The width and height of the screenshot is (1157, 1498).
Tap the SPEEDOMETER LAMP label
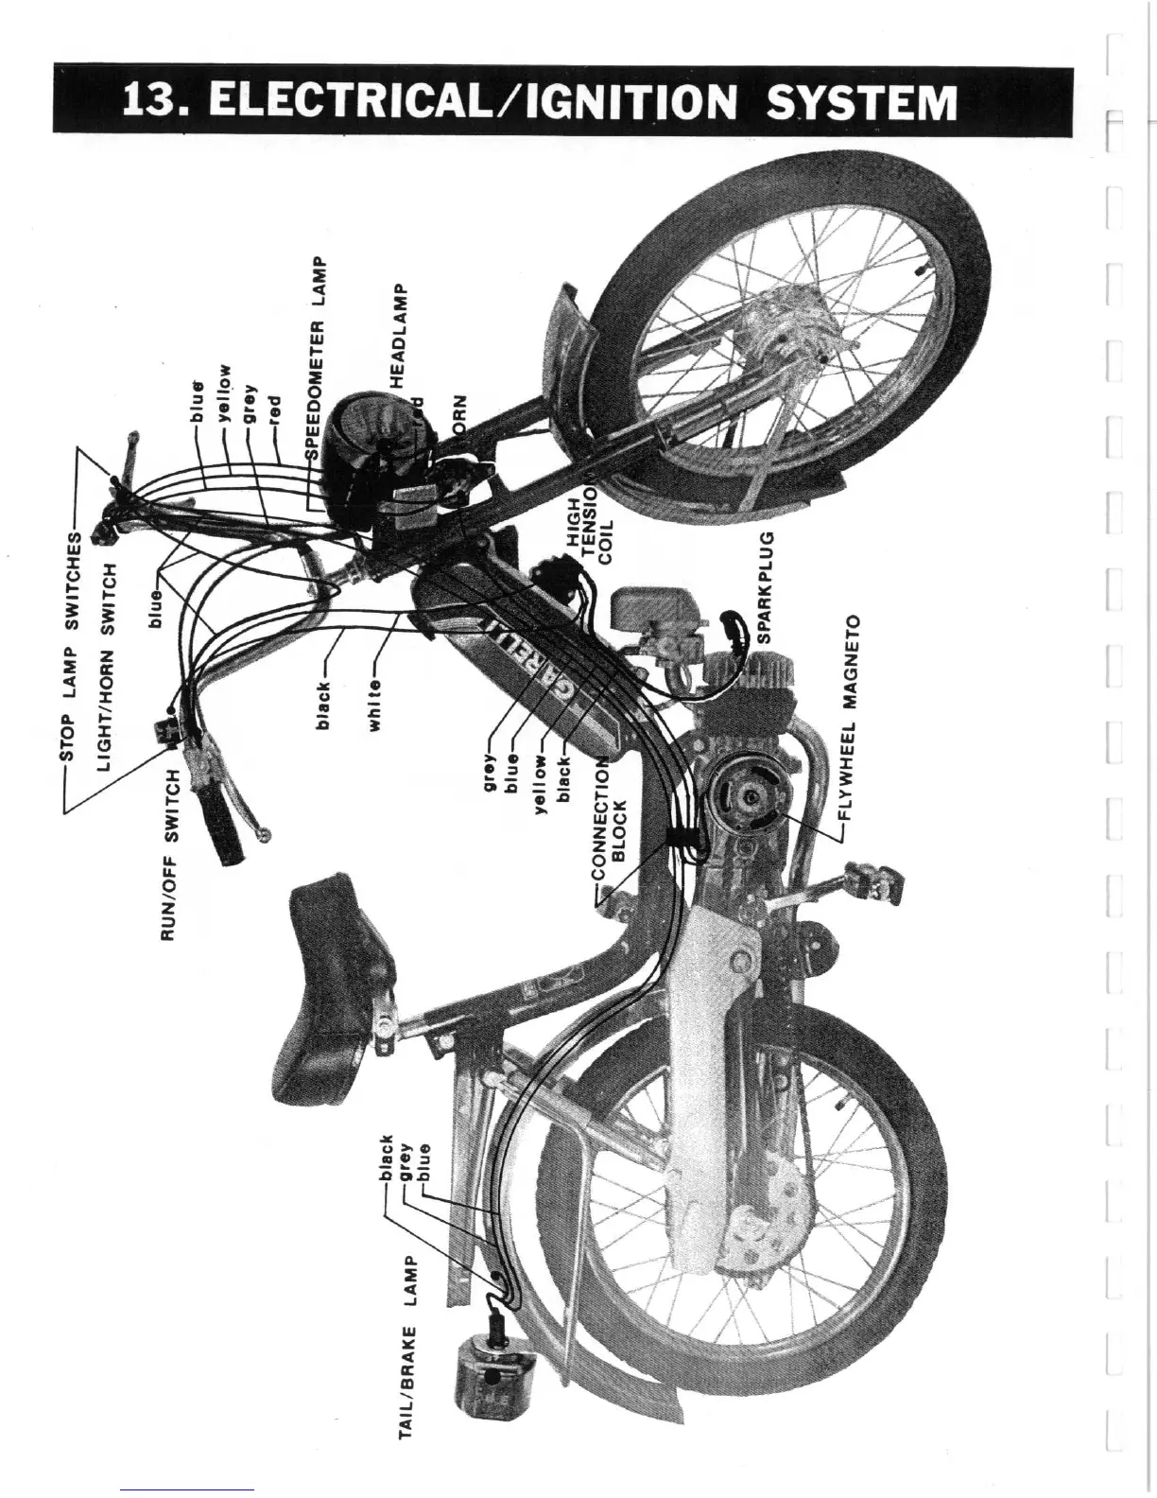point(319,358)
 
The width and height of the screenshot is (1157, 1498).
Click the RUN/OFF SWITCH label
point(171,856)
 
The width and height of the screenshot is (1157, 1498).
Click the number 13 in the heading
point(148,101)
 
